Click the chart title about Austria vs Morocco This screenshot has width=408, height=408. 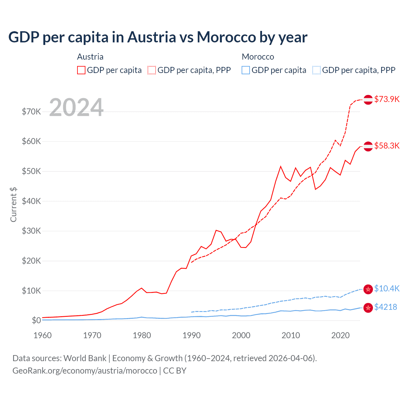[158, 37]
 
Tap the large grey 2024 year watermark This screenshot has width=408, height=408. [76, 107]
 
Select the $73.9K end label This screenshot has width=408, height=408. [387, 99]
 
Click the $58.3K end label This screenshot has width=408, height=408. [387, 146]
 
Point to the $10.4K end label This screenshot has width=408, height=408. [387, 288]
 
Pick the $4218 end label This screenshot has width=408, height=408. [385, 307]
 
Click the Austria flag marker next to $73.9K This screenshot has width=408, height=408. [368, 99]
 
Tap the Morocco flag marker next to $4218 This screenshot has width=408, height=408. [368, 308]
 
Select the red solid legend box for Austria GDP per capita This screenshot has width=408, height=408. [81, 70]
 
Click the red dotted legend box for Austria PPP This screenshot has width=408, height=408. [152, 70]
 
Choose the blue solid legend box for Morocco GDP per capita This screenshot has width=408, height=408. [246, 70]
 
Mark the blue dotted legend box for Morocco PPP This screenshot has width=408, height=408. [317, 70]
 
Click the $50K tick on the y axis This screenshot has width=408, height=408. [31, 171]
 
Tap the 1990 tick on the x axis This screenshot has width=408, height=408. [192, 335]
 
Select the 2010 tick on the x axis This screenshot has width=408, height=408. [291, 335]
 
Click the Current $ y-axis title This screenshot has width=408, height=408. [13, 205]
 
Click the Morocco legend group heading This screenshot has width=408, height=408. [258, 57]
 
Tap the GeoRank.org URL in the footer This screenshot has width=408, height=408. [85, 371]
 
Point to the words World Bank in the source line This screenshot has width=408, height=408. [85, 358]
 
